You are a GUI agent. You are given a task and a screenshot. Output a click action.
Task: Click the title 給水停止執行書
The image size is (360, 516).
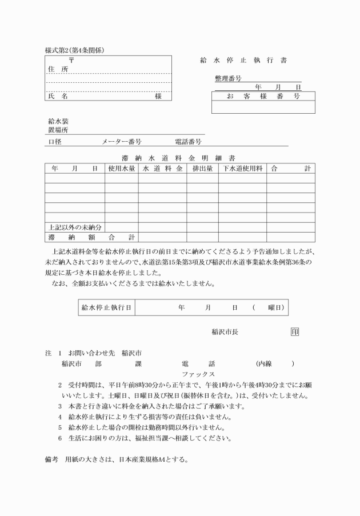(243, 59)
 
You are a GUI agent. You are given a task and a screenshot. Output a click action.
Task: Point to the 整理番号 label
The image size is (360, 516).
(228, 78)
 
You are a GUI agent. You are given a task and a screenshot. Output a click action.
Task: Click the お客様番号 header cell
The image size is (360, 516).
(263, 96)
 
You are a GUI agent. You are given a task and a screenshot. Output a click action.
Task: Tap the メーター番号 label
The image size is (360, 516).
(122, 141)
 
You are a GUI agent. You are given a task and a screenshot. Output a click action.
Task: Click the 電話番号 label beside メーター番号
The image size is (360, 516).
(188, 141)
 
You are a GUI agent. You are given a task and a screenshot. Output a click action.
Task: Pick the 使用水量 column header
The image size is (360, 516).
(121, 169)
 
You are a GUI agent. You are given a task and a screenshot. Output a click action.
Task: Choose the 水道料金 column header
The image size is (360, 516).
(162, 169)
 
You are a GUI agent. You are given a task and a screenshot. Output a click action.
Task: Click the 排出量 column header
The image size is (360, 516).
(202, 169)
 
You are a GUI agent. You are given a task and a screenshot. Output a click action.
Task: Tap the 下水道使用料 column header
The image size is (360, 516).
(242, 169)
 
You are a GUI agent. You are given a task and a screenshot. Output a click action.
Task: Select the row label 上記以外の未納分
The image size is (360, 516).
(75, 227)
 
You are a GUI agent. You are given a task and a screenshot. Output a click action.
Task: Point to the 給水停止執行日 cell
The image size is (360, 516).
(107, 307)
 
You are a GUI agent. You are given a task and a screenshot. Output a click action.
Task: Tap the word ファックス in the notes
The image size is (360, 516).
(198, 374)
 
